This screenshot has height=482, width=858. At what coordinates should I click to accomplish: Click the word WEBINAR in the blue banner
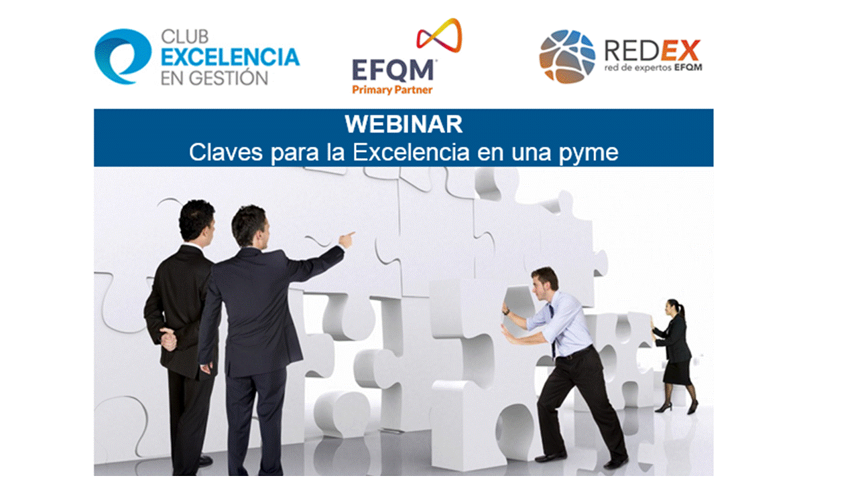pyautogui.click(x=404, y=124)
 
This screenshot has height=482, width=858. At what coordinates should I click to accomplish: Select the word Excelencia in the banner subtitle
pyautogui.click(x=411, y=152)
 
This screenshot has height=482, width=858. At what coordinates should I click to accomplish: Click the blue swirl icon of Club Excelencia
pyautogui.click(x=123, y=56)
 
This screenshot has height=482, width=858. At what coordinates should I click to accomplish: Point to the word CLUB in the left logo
pyautogui.click(x=184, y=37)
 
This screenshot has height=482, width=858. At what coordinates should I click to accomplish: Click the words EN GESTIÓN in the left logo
pyautogui.click(x=214, y=78)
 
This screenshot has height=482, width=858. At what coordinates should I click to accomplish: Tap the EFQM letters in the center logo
pyautogui.click(x=393, y=70)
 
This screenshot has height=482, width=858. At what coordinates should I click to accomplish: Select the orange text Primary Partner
pyautogui.click(x=392, y=90)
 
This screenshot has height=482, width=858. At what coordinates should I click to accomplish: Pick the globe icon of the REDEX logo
pyautogui.click(x=567, y=57)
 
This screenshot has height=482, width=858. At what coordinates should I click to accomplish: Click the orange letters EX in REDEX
pyautogui.click(x=680, y=50)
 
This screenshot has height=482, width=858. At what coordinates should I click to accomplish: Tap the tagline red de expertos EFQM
pyautogui.click(x=653, y=68)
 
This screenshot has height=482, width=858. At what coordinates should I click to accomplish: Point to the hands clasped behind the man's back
pyautogui.click(x=168, y=338)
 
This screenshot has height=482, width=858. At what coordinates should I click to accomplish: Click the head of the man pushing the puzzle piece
pyautogui.click(x=544, y=283)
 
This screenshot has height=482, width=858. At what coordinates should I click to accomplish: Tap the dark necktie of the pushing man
pyautogui.click(x=552, y=329)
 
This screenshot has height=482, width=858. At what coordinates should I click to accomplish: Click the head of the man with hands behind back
pyautogui.click(x=197, y=222)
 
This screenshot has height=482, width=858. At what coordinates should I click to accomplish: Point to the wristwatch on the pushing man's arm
pyautogui.click(x=507, y=313)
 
